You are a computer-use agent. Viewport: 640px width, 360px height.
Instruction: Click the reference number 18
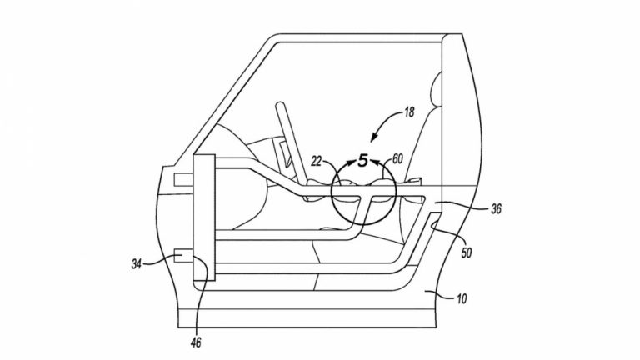tap(409, 112)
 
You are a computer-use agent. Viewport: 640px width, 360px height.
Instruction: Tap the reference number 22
tap(317, 162)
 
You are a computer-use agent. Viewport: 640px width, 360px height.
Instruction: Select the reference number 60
tap(397, 159)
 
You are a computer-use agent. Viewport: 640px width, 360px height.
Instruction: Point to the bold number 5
tap(362, 160)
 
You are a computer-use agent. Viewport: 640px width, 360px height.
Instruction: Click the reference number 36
tap(496, 209)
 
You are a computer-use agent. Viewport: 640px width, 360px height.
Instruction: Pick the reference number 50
tap(466, 252)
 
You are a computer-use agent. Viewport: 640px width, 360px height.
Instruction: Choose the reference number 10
tap(462, 299)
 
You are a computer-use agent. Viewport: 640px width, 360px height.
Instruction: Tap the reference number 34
tap(137, 264)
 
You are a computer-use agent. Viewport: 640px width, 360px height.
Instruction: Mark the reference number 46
tap(197, 342)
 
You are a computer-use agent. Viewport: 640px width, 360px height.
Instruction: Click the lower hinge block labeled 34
tap(183, 256)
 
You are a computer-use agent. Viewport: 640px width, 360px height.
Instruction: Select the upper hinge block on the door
tap(183, 180)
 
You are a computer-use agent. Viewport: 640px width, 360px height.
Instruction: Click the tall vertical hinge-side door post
tap(204, 217)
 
